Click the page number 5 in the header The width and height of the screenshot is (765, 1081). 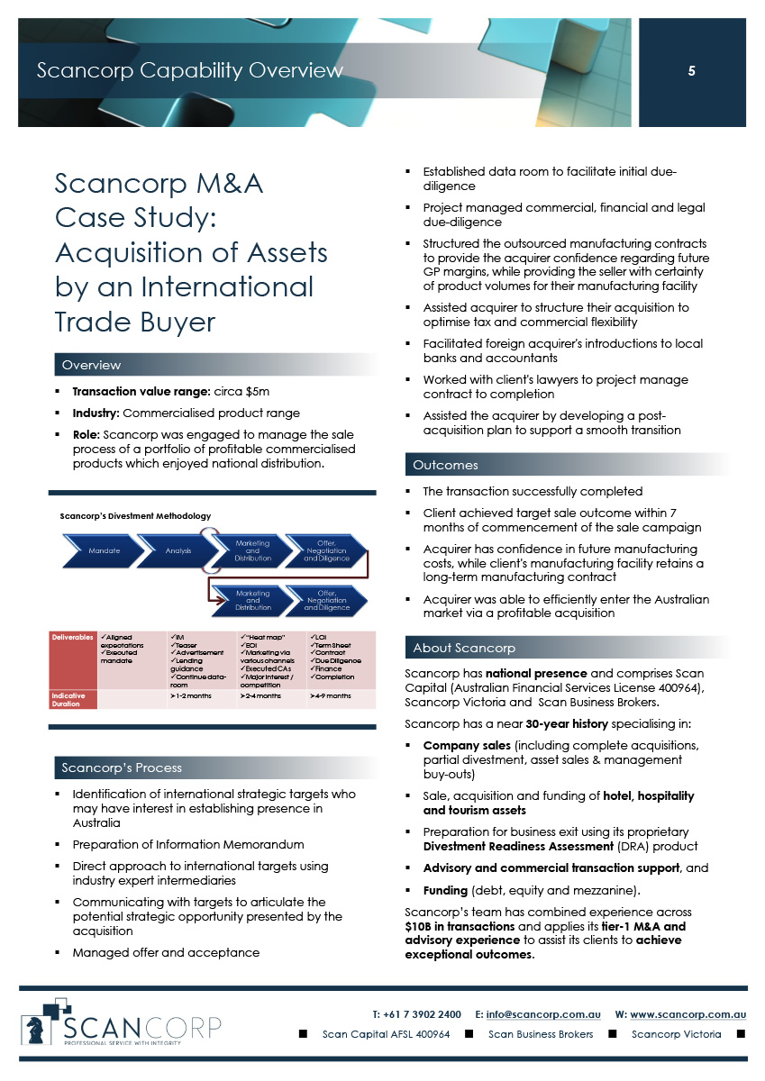(691, 71)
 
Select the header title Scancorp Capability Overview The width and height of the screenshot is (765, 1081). (189, 70)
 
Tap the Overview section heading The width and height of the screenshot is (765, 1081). (91, 365)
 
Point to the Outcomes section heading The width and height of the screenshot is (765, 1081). (445, 465)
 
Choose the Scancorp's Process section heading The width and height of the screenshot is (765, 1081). (121, 768)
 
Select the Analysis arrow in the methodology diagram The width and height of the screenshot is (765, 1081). (178, 550)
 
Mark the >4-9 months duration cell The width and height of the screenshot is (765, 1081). (330, 696)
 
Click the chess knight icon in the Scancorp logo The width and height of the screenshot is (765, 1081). (41, 1026)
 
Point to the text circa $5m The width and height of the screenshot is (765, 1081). (239, 392)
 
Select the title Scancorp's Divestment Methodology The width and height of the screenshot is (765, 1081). (135, 516)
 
